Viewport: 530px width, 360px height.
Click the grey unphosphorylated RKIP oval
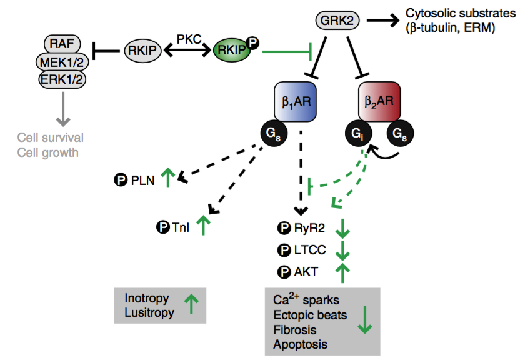(x=143, y=50)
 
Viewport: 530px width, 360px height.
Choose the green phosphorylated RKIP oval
(x=232, y=50)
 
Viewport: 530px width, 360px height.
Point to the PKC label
(x=187, y=39)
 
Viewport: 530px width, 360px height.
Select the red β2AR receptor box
(x=379, y=101)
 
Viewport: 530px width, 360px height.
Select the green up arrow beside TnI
(x=203, y=225)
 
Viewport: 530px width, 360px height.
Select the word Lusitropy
(x=149, y=312)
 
